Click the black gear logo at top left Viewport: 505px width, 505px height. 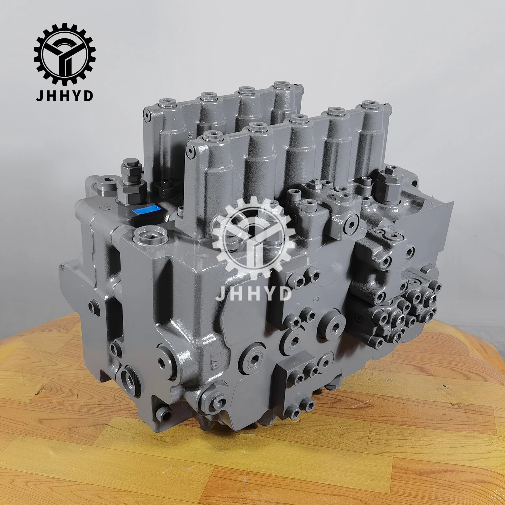coord(64,54)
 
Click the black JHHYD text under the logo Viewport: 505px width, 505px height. coord(64,96)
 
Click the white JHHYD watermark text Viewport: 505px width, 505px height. coord(253,293)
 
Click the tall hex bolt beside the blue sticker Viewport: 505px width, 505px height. coord(131,182)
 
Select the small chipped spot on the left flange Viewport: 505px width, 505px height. coord(62,268)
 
